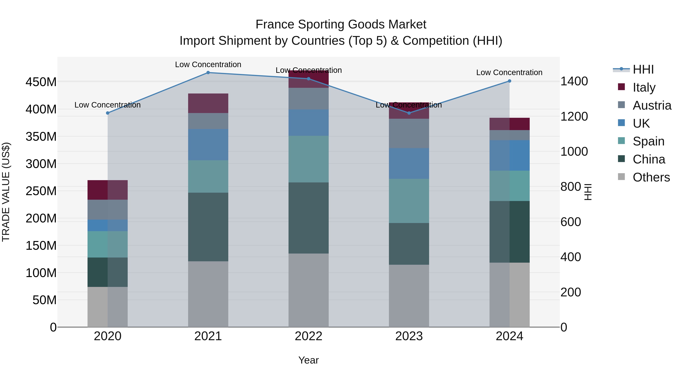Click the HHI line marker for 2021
[208, 73]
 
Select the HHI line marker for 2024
[509, 81]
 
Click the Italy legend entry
[644, 87]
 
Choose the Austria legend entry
[652, 105]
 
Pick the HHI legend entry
[643, 69]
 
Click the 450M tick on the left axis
[41, 82]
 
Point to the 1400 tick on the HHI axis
[574, 81]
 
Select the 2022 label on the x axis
[308, 336]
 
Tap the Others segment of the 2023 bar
[409, 296]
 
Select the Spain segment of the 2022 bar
[308, 159]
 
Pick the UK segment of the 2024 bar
[509, 155]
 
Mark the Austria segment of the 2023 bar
[409, 133]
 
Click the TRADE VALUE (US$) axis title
[6, 192]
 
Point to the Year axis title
[308, 360]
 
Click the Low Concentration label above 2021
[208, 64]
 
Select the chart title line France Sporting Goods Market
[341, 24]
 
